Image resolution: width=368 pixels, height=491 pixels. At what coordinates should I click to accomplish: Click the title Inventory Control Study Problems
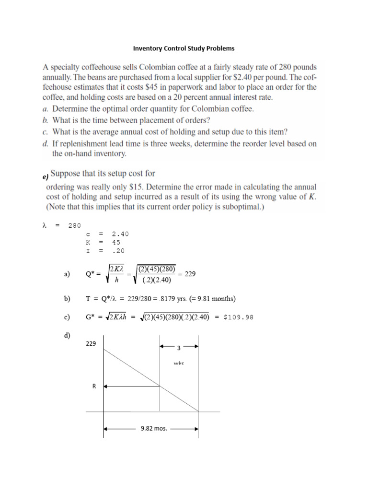[x=184, y=48]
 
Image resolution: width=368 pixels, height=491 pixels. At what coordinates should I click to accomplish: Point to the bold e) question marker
[x=45, y=176]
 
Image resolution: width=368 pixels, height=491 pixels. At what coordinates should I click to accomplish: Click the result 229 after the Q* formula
[x=190, y=274]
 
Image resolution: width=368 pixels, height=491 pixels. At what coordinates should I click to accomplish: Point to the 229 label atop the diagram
[x=91, y=343]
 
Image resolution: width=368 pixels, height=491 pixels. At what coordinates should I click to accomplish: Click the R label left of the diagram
[x=94, y=385]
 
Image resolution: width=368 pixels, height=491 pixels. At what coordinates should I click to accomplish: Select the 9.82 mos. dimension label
[x=154, y=429]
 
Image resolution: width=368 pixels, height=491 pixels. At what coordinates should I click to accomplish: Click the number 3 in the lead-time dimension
[x=179, y=348]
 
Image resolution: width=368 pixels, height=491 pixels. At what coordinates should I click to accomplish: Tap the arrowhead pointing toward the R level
[x=106, y=386]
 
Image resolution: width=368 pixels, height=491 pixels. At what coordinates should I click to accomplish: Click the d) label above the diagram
[x=67, y=335]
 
